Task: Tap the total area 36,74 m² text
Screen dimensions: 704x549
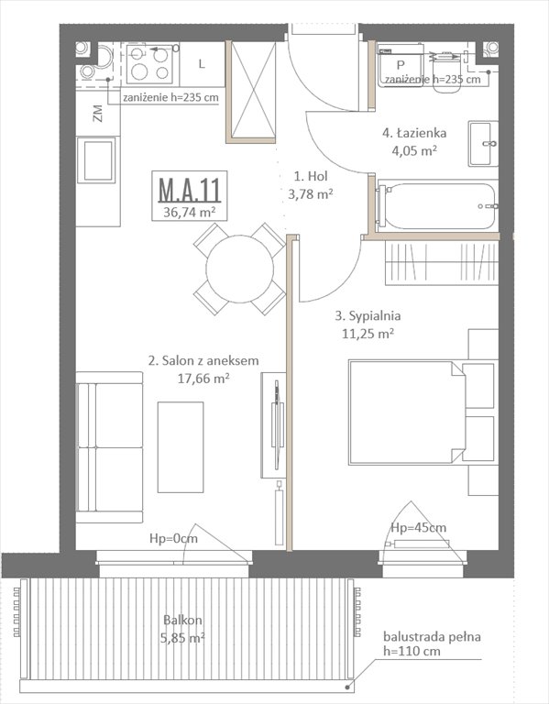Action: point(189,212)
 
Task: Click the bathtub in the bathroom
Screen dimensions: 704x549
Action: point(435,207)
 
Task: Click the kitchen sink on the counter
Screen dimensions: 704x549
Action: point(97,159)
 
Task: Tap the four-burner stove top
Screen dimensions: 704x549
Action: point(150,62)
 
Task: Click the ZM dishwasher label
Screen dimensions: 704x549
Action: point(97,115)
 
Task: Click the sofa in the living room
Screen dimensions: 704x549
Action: point(109,446)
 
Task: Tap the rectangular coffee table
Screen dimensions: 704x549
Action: point(181,447)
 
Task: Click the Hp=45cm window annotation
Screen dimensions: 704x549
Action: point(418,528)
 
